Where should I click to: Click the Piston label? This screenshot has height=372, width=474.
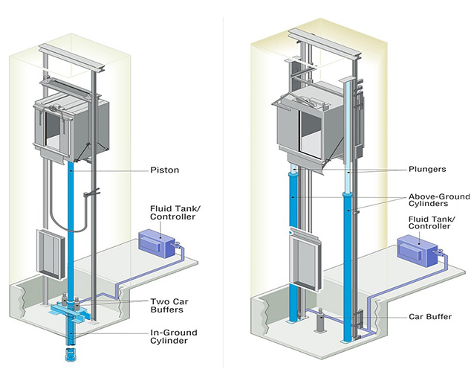coord(165,170)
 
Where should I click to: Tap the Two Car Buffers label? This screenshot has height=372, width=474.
coord(169,305)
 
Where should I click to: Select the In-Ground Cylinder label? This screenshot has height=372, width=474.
coord(174,336)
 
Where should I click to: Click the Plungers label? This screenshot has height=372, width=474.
coord(427,169)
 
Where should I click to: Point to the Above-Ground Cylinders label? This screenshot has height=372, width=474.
coord(439,200)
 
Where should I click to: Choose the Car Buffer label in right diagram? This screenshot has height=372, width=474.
coord(430,317)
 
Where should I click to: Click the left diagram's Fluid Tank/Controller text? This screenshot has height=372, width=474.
coord(175,213)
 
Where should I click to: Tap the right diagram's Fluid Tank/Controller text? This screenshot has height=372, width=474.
coord(432,222)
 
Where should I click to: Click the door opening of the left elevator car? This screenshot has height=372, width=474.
coord(53,131)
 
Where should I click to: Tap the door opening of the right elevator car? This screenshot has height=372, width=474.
coord(310,133)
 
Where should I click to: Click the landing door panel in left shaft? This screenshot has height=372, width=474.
coord(51,254)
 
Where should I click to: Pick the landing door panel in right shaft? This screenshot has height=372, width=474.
coord(304,260)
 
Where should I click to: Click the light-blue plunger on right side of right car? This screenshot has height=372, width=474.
coord(348,136)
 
